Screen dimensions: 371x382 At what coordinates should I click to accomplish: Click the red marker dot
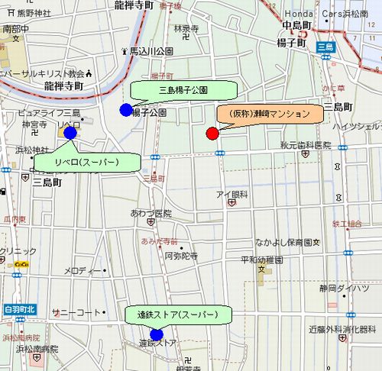tap(212, 134)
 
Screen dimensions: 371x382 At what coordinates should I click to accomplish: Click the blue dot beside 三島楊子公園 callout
tap(126, 110)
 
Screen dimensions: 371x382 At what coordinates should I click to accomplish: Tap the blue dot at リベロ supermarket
tap(70, 133)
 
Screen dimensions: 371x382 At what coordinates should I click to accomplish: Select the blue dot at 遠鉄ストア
tap(157, 334)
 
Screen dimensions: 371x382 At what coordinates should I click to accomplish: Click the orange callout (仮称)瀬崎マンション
tap(266, 114)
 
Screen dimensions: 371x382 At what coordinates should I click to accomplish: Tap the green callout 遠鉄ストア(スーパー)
tap(178, 315)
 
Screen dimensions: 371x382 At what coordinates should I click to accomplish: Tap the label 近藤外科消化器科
tap(342, 329)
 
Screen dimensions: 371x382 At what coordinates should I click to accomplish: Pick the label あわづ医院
tap(151, 214)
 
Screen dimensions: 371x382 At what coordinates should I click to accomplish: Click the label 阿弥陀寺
tap(181, 256)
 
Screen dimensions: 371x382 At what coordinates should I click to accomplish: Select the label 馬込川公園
tap(151, 50)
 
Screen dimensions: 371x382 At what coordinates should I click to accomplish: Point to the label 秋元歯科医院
tap(305, 145)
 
